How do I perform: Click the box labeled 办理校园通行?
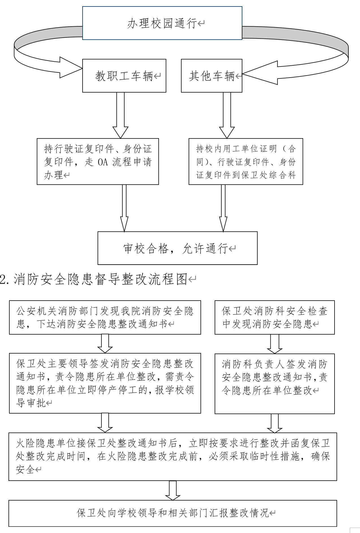tap(162, 23)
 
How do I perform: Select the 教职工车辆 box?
tap(124, 76)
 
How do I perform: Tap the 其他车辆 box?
tap(212, 76)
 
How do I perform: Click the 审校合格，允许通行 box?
tap(177, 248)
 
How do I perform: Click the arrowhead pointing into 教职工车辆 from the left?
tap(71, 67)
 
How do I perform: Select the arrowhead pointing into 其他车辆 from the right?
tap(260, 73)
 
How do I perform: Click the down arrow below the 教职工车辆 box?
tap(120, 115)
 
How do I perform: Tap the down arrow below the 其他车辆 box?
tap(227, 115)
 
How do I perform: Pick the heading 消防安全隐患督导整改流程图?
tap(100, 279)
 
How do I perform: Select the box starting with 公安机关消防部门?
tap(105, 317)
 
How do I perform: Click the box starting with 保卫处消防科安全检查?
tap(275, 317)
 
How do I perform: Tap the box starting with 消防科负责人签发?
tap(275, 384)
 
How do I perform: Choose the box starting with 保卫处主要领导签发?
tap(105, 383)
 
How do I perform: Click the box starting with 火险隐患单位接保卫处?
tap(173, 456)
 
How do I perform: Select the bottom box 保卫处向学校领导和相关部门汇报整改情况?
tap(173, 513)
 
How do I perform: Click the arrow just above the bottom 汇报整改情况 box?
tap(173, 491)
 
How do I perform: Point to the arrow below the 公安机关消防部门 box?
tap(105, 344)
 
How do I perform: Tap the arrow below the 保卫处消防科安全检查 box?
tap(275, 344)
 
